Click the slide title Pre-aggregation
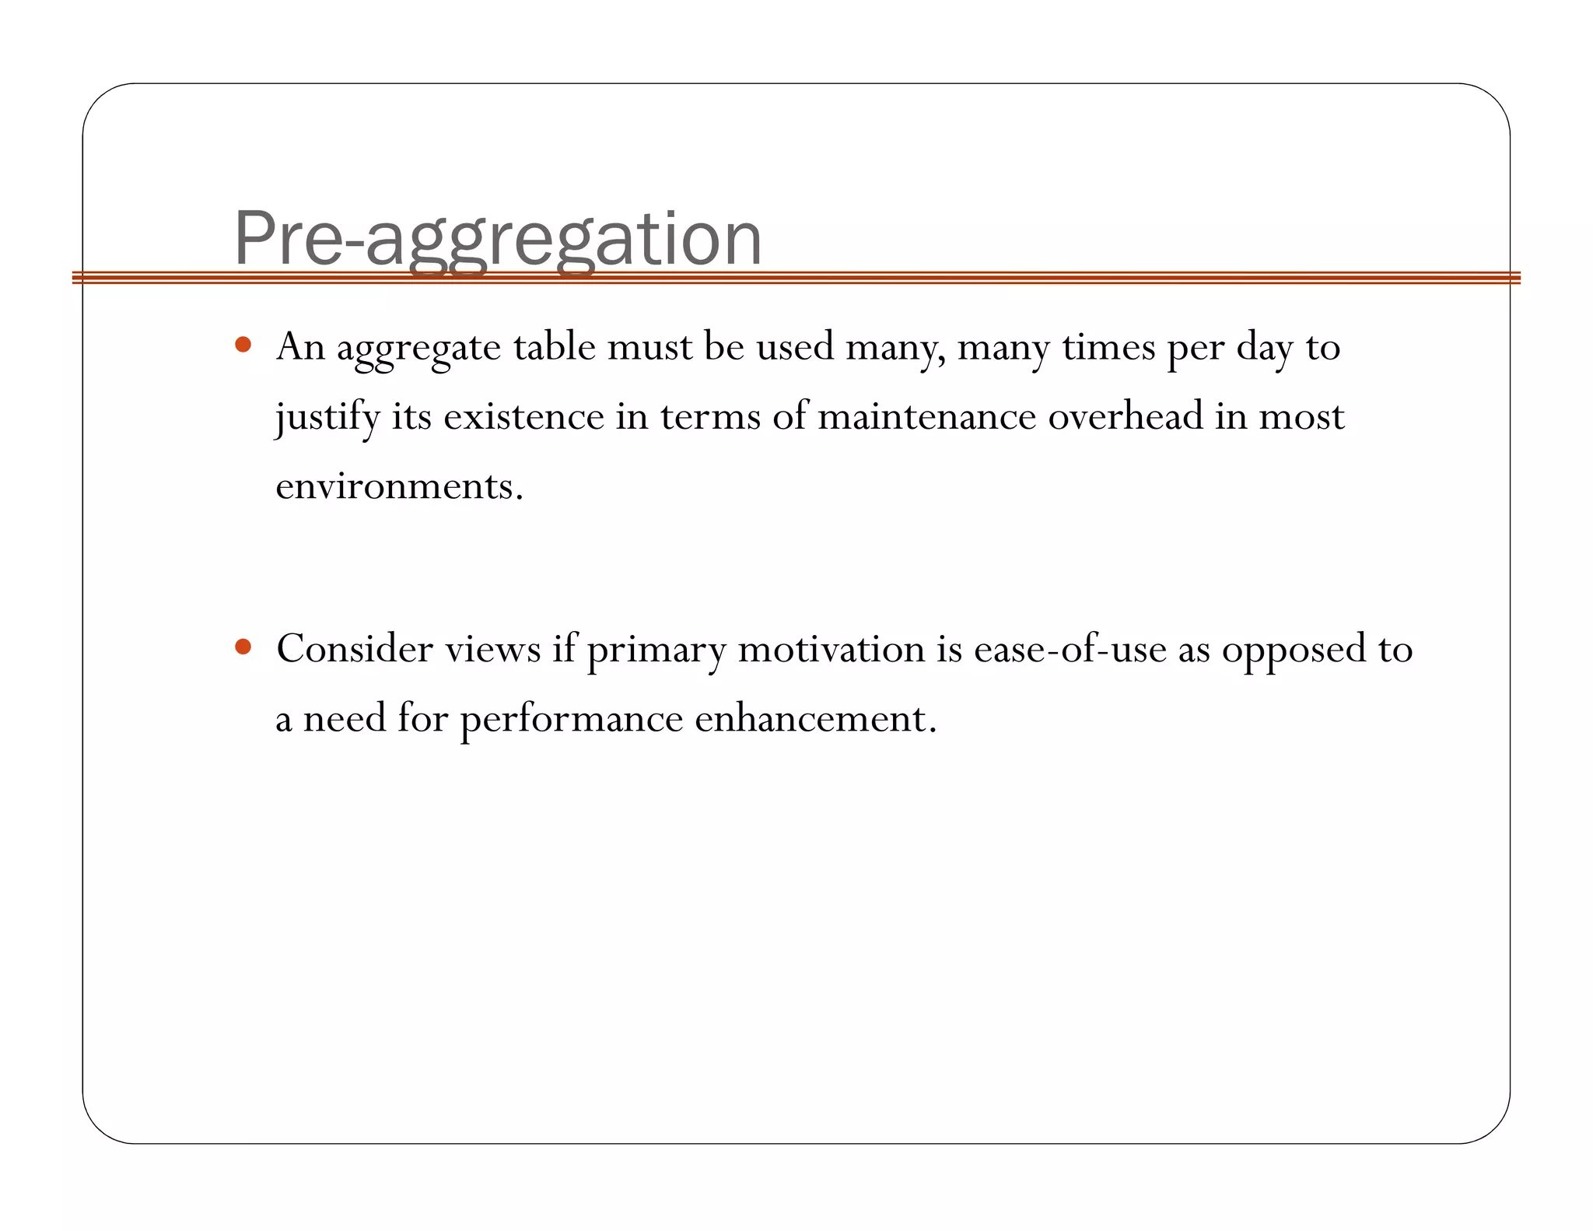497,239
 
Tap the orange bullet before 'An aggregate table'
243,344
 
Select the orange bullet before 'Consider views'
243,646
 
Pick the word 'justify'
327,417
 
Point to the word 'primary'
656,651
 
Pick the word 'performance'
571,719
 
